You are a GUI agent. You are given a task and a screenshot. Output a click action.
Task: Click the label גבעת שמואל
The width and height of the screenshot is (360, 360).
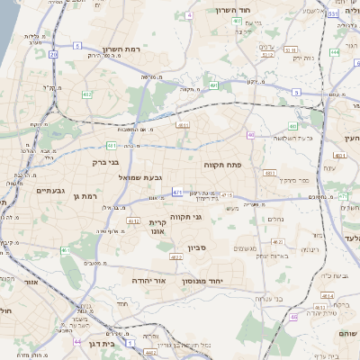click(x=140, y=177)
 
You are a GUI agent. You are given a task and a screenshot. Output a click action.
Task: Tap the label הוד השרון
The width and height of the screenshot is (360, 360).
click(x=238, y=10)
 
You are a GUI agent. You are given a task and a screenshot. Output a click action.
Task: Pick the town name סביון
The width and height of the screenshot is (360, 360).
click(x=198, y=247)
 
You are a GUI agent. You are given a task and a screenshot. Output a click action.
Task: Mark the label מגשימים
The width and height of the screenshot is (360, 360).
click(x=247, y=249)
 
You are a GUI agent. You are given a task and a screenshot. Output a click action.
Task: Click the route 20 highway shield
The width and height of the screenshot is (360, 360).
click(x=53, y=55)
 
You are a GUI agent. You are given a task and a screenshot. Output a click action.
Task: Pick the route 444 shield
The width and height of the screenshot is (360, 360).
click(x=334, y=52)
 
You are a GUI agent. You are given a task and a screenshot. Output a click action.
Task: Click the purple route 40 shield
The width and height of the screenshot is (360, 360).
click(x=251, y=135)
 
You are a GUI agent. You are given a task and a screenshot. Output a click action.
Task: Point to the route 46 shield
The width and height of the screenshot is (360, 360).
click(x=293, y=317)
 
